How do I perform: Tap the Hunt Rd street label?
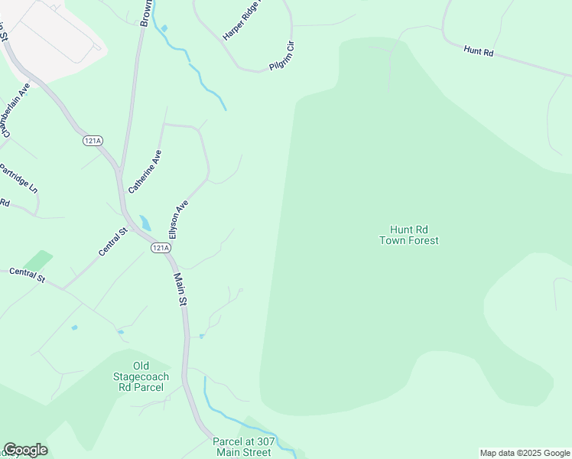[x=479, y=51]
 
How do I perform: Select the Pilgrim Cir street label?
[x=282, y=57]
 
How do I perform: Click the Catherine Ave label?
[x=145, y=171]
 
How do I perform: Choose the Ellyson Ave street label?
[x=178, y=220]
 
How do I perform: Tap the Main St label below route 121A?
[x=180, y=290]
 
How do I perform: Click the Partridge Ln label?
[x=18, y=177]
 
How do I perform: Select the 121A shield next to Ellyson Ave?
[x=160, y=248]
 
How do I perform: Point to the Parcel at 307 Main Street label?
[x=243, y=447]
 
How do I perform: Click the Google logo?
[x=25, y=450]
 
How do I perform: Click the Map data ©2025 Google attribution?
[x=525, y=453]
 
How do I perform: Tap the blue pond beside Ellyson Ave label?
[x=145, y=223]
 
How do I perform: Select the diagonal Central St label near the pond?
[x=112, y=243]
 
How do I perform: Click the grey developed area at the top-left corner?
[x=54, y=31]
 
